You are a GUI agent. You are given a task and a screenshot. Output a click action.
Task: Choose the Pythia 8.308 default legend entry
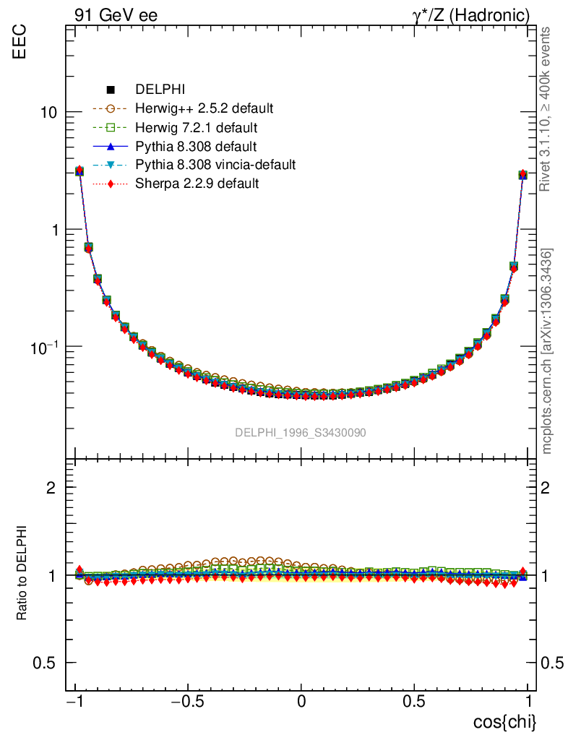point(196,147)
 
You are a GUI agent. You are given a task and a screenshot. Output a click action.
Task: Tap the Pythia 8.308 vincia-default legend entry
point(215,165)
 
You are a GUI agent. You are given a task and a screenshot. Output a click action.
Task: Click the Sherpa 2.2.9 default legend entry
point(197,184)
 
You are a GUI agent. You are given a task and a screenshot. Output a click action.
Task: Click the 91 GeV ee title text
point(116,15)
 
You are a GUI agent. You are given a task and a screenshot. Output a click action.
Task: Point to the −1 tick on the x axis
point(73,701)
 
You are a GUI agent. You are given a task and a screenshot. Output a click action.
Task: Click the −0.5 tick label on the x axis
point(187,701)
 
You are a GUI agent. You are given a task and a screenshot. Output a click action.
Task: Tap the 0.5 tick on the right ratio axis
point(552,663)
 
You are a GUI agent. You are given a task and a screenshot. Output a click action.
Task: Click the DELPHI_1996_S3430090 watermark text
point(300,433)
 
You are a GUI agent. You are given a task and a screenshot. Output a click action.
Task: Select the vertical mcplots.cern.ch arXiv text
point(547,351)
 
